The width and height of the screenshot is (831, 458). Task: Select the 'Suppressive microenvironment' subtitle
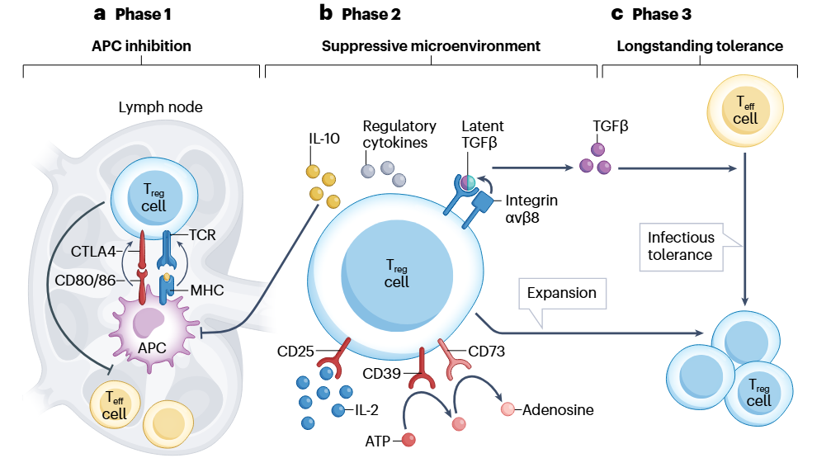[x=430, y=46]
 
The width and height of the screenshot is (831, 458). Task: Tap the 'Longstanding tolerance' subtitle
[x=700, y=46]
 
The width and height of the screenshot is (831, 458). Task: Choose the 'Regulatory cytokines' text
[x=399, y=134]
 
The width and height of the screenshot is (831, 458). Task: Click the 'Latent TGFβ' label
[x=483, y=134]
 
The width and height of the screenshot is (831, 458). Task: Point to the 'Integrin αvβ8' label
[x=531, y=209]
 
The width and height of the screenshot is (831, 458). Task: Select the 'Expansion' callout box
[x=561, y=293]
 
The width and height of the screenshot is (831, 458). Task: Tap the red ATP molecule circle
[x=408, y=440]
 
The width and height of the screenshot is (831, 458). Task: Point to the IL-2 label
[x=360, y=410]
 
